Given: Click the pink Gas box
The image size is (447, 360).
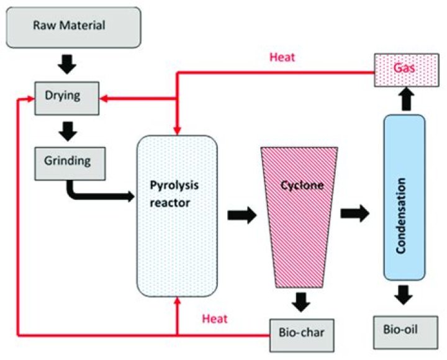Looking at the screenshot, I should (x=404, y=67).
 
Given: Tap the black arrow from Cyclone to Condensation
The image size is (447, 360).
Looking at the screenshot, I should (x=354, y=213).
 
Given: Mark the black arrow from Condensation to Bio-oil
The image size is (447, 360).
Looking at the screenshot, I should (x=404, y=294).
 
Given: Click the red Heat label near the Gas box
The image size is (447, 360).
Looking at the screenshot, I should (x=281, y=57).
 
